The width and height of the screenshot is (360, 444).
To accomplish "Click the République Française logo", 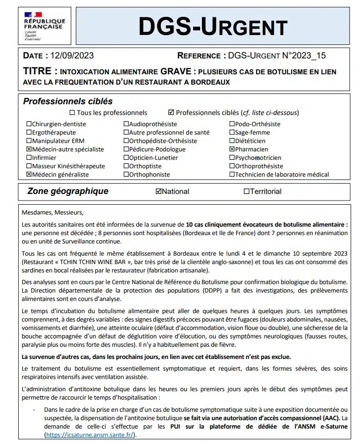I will click(44, 25).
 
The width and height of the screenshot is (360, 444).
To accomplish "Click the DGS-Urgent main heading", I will click(213, 27).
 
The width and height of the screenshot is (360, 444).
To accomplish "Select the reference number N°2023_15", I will click(302, 56).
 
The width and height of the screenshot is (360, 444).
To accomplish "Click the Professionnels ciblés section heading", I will click(68, 101).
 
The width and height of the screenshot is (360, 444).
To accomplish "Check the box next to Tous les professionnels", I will click(72, 113).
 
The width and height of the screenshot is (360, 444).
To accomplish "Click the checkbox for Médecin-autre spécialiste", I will click(29, 150).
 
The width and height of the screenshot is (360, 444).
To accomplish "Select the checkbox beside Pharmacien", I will click(232, 150).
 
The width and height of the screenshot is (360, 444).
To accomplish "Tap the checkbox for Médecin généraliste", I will click(29, 175).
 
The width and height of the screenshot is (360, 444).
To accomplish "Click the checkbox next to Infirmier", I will click(29, 158).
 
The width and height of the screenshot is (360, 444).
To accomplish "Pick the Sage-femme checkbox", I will click(232, 133).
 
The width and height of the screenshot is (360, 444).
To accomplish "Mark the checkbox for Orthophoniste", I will click(126, 175).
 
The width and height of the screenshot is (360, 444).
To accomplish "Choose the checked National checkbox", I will click(158, 191).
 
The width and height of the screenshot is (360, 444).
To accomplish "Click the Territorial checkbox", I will click(246, 191).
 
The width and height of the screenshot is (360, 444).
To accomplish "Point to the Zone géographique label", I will click(68, 191).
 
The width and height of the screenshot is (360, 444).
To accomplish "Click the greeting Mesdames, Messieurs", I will click(52, 213).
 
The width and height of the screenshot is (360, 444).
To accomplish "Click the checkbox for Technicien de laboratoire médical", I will click(232, 175).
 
